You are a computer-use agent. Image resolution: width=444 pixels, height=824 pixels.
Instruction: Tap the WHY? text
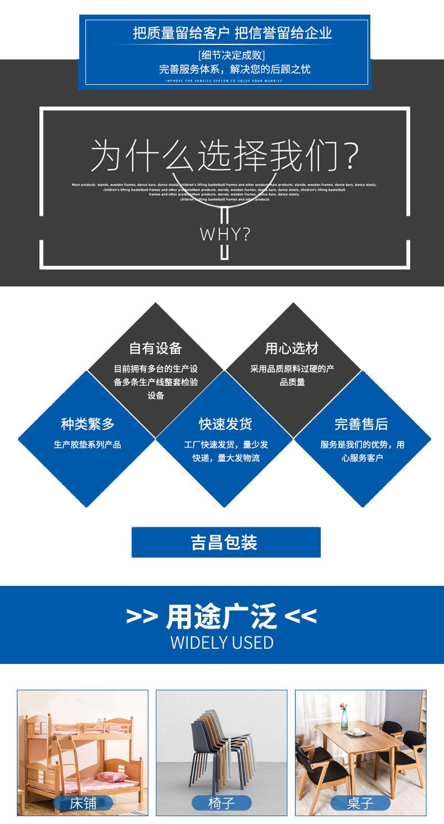[225, 234]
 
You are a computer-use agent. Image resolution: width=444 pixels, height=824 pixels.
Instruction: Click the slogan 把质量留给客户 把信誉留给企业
[232, 34]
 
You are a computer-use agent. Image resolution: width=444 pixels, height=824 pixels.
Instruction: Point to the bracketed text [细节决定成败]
[232, 55]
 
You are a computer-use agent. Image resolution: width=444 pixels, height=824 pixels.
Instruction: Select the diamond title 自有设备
[156, 348]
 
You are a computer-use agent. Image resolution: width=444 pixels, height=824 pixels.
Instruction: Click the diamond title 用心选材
[292, 348]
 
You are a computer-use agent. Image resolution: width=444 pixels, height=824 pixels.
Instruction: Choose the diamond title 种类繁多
[87, 424]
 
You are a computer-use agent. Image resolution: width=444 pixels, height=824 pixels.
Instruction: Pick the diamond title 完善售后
[361, 424]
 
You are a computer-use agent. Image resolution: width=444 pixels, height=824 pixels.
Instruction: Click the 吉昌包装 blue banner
[225, 542]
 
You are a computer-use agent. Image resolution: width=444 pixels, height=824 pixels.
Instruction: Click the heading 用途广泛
[221, 617]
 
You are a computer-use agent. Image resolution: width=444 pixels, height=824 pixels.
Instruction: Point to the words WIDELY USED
[221, 643]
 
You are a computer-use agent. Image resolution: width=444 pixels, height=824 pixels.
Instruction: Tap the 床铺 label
[83, 803]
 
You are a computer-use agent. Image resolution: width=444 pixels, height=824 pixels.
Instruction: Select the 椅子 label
[221, 803]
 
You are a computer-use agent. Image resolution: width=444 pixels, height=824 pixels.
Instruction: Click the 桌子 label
[360, 803]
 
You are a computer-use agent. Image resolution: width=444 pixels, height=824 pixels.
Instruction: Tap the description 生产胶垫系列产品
[87, 444]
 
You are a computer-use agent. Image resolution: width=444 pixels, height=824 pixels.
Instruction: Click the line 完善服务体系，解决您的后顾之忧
[234, 70]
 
